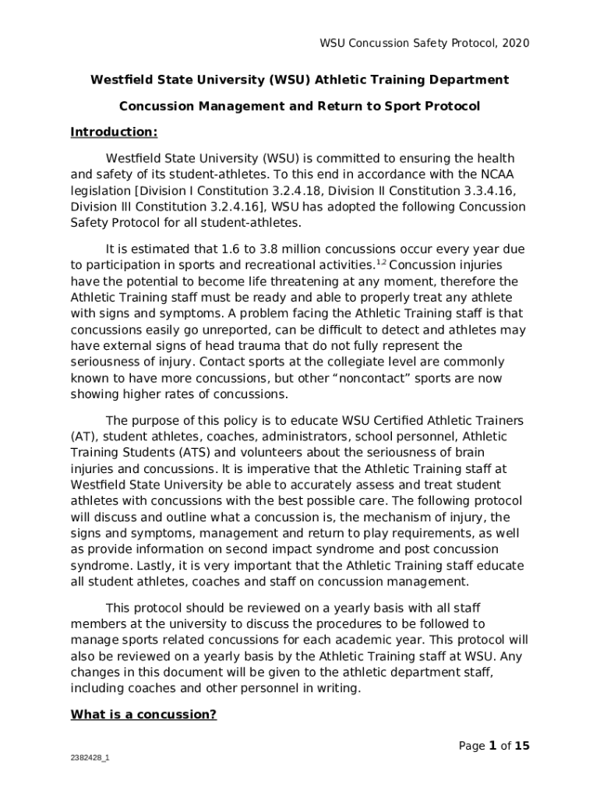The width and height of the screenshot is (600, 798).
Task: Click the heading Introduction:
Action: [x=114, y=132]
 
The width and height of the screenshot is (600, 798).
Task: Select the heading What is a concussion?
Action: [x=143, y=715]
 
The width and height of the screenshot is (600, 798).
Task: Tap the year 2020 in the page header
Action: [x=516, y=44]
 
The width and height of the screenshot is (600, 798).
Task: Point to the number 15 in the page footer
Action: [x=522, y=746]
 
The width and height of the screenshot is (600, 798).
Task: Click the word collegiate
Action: [x=349, y=362]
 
